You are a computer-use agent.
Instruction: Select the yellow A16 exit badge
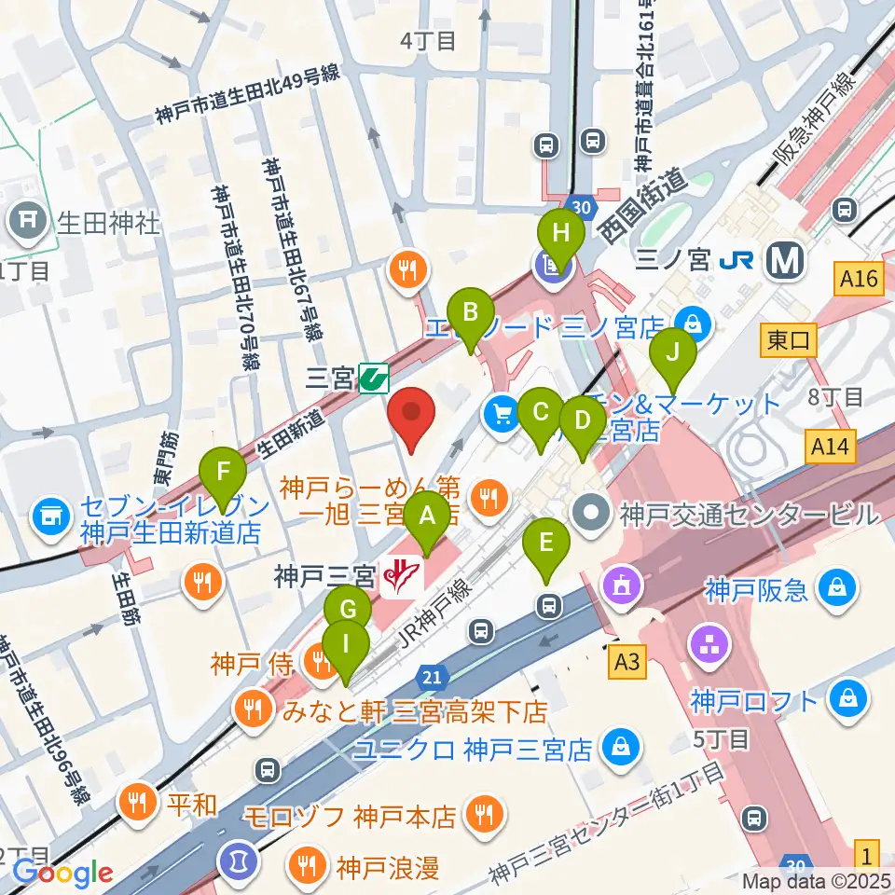click(x=859, y=279)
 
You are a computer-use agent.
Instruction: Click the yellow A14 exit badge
click(x=829, y=447)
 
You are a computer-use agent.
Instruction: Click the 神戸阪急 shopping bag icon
click(x=837, y=588)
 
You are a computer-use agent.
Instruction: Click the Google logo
click(x=62, y=873)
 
